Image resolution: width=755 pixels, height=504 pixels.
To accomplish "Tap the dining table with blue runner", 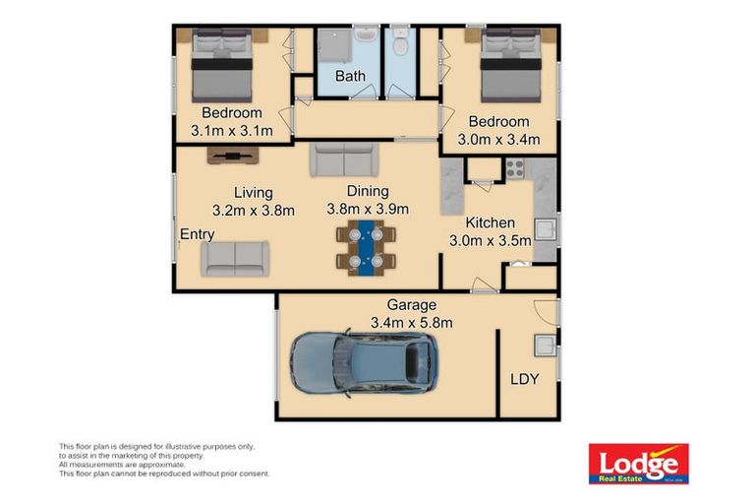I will click(366, 247).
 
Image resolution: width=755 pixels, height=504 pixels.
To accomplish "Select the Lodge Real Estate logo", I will click(638, 463).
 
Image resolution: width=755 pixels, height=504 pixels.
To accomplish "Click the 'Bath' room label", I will click(350, 76).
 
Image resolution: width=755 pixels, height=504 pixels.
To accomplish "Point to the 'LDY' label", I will click(524, 379).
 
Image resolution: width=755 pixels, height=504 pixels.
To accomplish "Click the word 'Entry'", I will click(198, 234).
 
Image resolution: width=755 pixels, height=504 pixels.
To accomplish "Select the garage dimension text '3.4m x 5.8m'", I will click(411, 322).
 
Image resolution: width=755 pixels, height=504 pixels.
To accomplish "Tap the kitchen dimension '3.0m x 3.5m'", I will click(490, 239).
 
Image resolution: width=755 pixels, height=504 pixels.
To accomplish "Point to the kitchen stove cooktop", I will click(515, 168).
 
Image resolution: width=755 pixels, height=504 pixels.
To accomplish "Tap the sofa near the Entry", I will click(236, 258).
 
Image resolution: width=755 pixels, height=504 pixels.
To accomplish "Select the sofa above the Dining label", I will click(343, 159).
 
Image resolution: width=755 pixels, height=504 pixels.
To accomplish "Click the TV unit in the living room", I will click(233, 156).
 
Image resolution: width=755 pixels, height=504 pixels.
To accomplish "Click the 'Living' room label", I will click(253, 192).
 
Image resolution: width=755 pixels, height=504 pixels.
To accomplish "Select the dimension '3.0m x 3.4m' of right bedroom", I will click(504, 139).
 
